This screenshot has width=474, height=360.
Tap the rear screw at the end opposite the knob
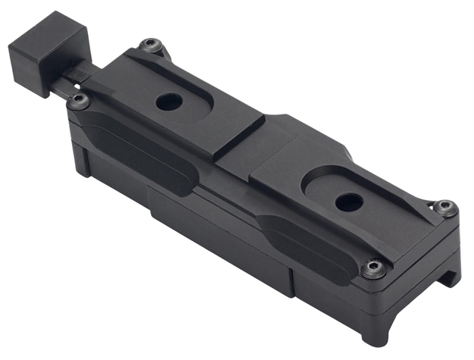pos(447,206)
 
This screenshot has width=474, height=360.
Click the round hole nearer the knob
pos(167,102)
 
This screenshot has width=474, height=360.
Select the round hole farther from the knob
pos(348,202)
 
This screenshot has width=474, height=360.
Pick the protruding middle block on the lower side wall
pos(220,227)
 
